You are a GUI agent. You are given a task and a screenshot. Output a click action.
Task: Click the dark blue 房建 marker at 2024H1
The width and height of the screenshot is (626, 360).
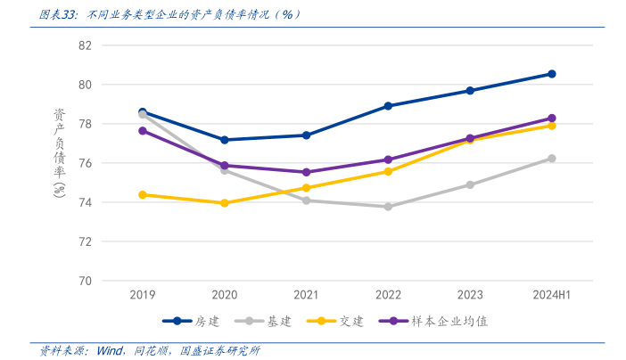click(x=552, y=74)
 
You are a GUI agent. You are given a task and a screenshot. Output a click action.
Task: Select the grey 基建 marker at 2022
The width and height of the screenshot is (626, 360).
click(x=388, y=207)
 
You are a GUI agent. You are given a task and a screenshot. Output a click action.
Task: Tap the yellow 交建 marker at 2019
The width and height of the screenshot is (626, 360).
click(x=143, y=194)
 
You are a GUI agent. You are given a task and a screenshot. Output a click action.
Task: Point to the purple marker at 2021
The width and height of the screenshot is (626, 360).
click(x=306, y=172)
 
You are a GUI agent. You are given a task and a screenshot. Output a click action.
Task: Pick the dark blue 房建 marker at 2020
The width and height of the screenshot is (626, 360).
click(x=225, y=140)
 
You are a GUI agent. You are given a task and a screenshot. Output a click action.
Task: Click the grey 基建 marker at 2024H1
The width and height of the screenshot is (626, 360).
click(x=552, y=159)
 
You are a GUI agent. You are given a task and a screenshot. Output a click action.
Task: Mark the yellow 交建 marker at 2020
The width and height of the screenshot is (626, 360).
click(x=225, y=203)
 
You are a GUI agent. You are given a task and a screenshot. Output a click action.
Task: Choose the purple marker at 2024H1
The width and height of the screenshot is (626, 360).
click(x=552, y=119)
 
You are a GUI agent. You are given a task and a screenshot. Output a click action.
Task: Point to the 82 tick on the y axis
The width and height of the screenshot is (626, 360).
click(x=85, y=45)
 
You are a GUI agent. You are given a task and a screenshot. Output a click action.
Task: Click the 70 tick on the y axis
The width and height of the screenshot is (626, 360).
click(x=85, y=281)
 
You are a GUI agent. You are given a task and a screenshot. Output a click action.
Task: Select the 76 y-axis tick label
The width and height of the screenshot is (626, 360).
click(x=85, y=163)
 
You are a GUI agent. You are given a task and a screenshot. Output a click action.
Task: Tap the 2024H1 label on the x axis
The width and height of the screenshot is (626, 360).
click(x=552, y=295)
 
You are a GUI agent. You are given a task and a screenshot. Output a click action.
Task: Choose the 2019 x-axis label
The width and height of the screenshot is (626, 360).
click(x=143, y=295)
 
